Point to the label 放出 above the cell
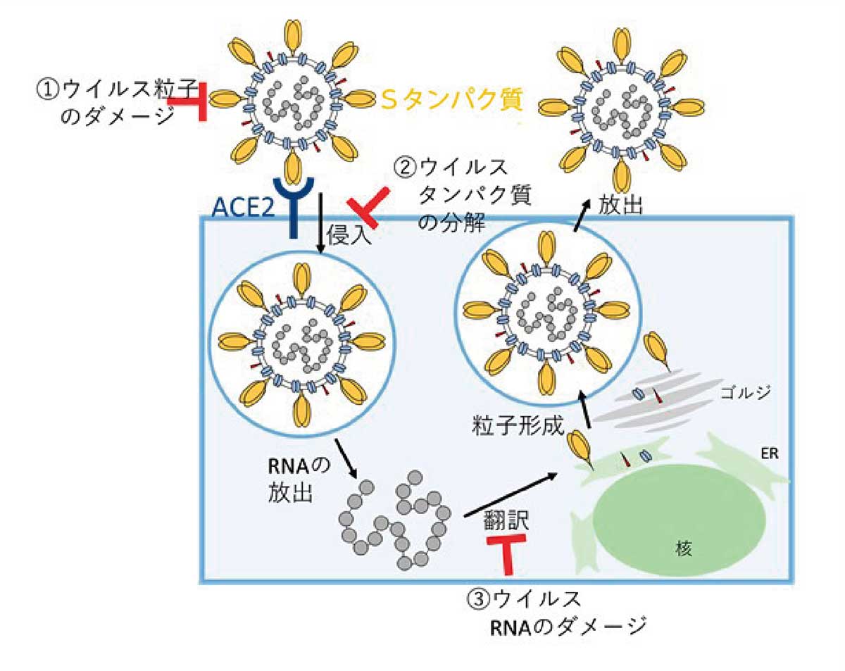(620, 203)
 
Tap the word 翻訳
(506, 522)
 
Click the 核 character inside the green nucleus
(680, 548)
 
